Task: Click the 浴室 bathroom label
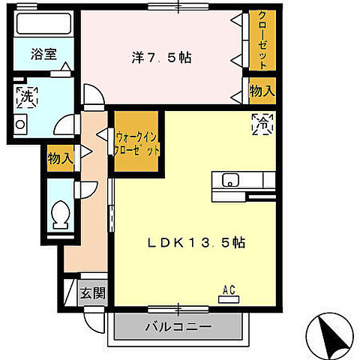pos(43,54)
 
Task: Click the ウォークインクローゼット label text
pos(137,142)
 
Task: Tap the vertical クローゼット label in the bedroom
pos(263,40)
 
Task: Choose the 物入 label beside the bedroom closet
pos(262,90)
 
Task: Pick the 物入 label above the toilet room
pos(60,158)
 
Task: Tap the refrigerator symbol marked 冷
pos(264,124)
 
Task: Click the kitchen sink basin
pos(229,180)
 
